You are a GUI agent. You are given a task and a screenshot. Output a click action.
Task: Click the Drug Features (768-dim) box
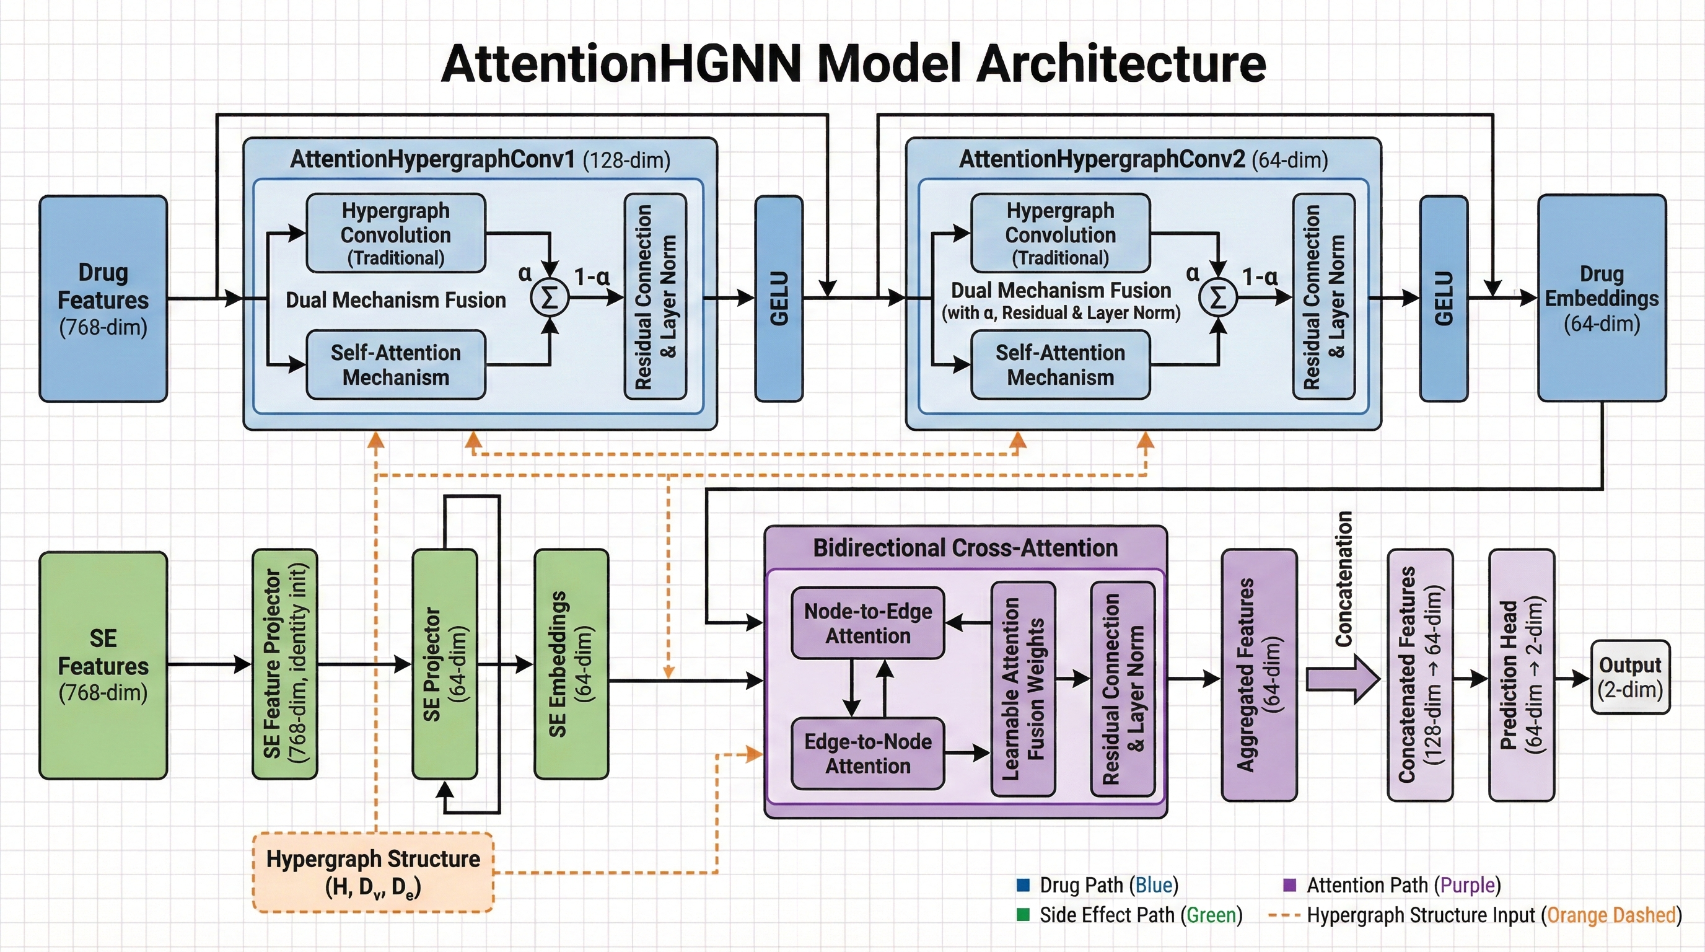[x=103, y=299]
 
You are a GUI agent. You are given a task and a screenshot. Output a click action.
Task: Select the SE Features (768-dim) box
[x=103, y=664]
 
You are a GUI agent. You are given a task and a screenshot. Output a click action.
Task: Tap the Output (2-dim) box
[x=1629, y=677]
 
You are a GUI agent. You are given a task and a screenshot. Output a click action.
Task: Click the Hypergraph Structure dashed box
[x=372, y=872]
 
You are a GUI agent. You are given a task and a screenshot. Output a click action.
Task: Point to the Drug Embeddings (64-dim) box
[x=1601, y=298]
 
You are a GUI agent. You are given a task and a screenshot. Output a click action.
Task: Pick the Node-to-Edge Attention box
[x=867, y=623]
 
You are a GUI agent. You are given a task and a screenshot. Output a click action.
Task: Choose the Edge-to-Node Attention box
[x=867, y=754]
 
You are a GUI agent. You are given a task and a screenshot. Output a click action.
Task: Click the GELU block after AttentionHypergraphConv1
[x=779, y=299]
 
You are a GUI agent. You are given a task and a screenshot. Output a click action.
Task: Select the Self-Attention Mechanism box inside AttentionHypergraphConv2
[x=1059, y=365]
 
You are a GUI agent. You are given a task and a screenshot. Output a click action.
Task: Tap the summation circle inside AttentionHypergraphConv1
[x=550, y=299]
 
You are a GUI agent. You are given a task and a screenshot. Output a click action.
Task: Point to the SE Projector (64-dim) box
[x=445, y=663]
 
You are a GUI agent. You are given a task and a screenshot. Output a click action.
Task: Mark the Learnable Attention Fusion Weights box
[x=1023, y=689]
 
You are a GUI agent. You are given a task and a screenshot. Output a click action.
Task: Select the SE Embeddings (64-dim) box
[x=571, y=663]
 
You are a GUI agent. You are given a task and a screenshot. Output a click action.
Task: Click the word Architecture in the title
[x=1121, y=64]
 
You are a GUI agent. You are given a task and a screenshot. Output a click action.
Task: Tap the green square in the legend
[x=1023, y=915]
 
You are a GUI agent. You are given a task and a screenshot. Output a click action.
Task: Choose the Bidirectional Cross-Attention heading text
[x=965, y=548]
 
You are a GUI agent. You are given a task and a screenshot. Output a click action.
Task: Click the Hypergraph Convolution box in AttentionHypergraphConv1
[x=396, y=233]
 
